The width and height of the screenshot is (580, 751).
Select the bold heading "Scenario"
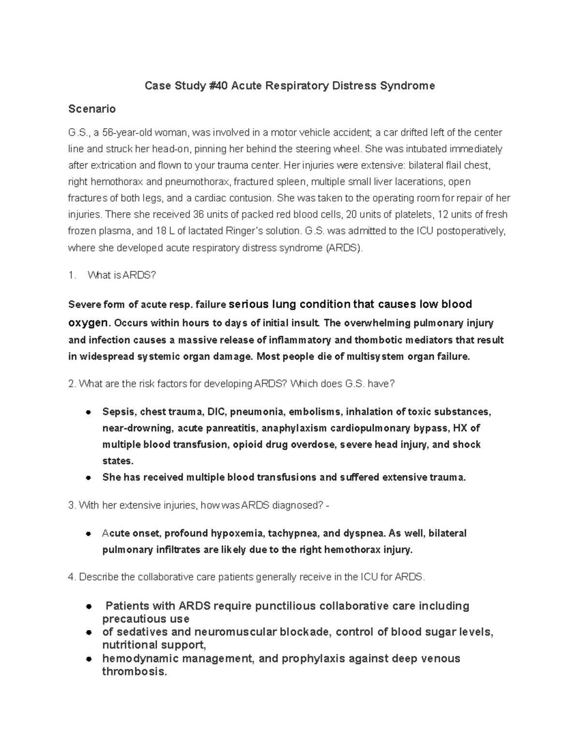[x=92, y=109]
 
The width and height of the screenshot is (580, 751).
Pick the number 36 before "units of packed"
[x=198, y=215]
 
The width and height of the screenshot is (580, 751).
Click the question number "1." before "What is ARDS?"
[x=72, y=276]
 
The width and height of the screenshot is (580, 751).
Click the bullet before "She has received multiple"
[x=88, y=478]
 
